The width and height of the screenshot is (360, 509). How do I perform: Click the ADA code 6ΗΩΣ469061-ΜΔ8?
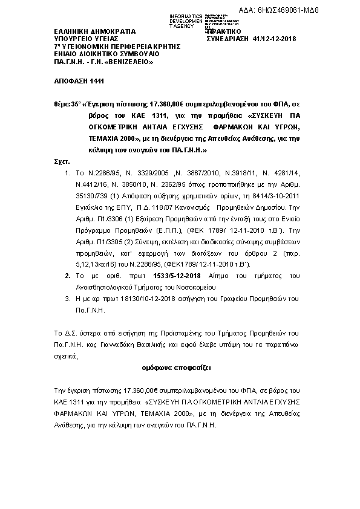pos(319,10)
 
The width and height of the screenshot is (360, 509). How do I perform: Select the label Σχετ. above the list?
pos(62,163)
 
